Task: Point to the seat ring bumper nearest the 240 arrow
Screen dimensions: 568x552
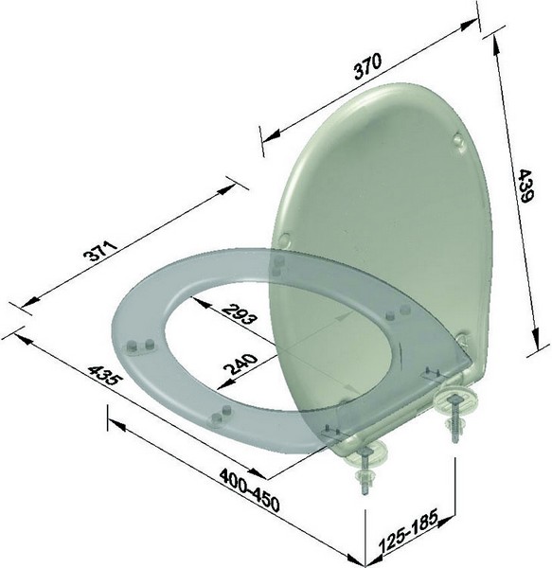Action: (225, 413)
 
